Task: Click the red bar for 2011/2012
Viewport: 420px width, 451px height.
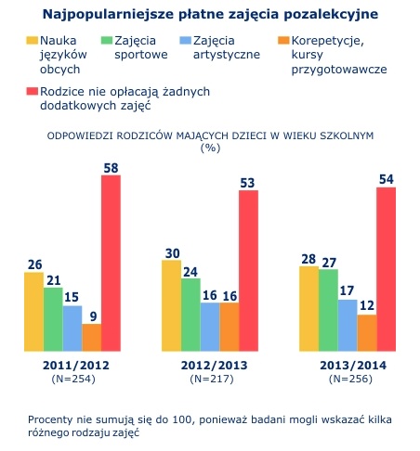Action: point(111,263)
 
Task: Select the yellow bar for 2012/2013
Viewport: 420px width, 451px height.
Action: point(171,305)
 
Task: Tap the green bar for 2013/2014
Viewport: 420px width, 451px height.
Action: point(328,310)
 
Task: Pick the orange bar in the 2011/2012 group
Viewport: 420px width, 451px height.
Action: point(92,338)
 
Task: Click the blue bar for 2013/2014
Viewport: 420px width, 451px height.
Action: point(348,326)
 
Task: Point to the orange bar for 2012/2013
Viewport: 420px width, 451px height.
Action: point(230,327)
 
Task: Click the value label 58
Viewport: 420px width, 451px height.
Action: point(111,168)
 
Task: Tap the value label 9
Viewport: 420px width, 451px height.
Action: point(93,316)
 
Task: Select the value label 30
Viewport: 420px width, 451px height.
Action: point(173,253)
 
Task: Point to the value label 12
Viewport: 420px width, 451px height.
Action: point(367,305)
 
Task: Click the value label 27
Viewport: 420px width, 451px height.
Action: point(329,263)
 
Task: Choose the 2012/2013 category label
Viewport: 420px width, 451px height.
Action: point(215,366)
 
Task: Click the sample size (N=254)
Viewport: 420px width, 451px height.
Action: point(73,379)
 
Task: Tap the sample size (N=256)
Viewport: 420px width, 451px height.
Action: point(350,379)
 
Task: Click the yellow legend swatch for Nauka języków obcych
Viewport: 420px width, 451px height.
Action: point(32,41)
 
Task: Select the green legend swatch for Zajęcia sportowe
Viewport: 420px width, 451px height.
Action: point(107,41)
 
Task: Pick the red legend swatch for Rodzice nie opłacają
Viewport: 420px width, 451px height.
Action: point(32,91)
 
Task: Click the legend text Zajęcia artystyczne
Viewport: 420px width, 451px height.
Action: point(227,47)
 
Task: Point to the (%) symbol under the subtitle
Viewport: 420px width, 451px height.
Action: point(210,148)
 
